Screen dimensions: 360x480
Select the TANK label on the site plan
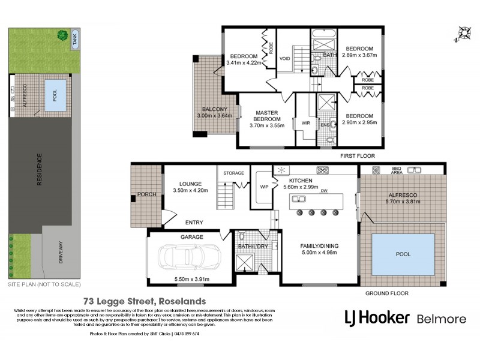[x=75, y=40]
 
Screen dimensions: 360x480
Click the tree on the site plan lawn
[x=62, y=36]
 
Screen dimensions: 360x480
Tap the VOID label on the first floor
[x=284, y=59]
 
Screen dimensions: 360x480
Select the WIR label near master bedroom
[x=305, y=124]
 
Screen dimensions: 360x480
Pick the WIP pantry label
[x=264, y=187]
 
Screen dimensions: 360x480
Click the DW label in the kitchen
[x=323, y=191]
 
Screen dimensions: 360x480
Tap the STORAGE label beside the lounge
[x=234, y=173]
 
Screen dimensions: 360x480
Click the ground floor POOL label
[x=403, y=254]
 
